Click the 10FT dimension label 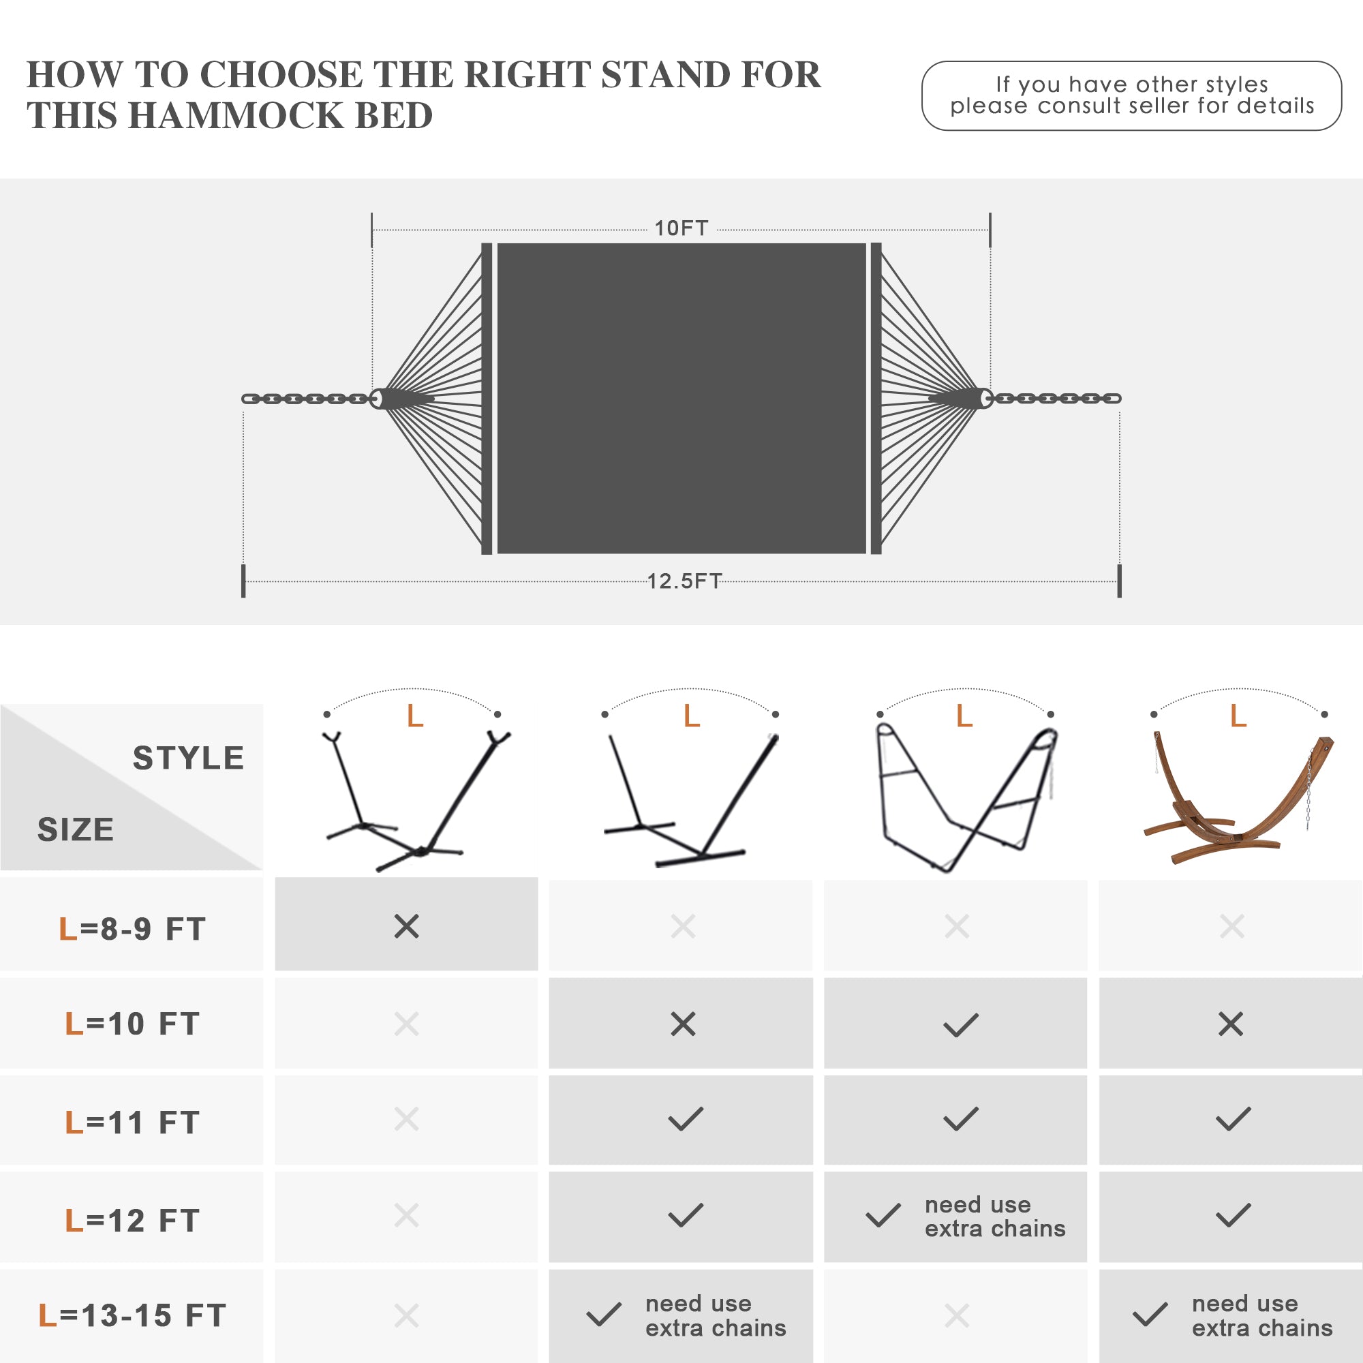[681, 228]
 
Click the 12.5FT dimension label [684, 581]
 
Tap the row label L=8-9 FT [133, 928]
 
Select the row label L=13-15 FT [133, 1316]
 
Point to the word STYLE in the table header [188, 759]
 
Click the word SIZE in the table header [76, 829]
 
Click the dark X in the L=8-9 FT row [406, 926]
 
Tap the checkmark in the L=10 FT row [961, 1025]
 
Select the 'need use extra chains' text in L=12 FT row [995, 1216]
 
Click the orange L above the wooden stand [1238, 716]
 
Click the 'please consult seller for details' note [1131, 106]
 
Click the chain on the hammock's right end [1054, 399]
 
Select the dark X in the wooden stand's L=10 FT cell [1231, 1024]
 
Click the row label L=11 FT [133, 1122]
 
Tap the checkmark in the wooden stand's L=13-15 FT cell [1150, 1315]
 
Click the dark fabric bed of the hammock [681, 399]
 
